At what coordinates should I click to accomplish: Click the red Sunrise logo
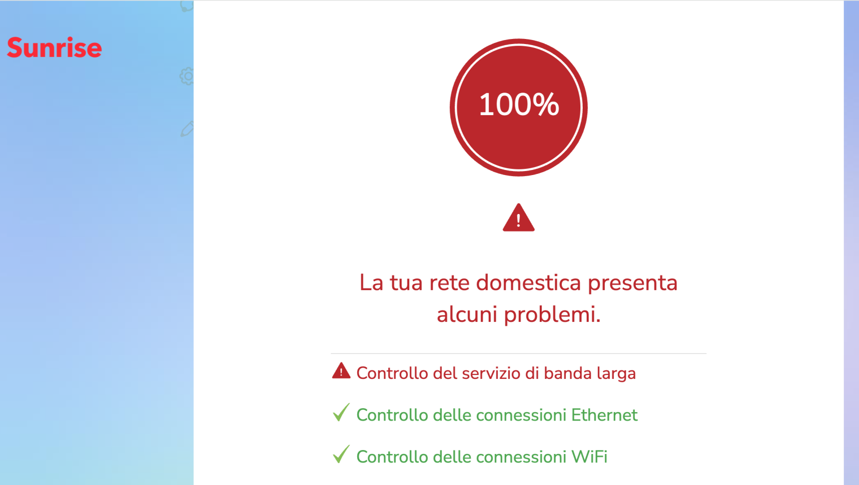pos(54,48)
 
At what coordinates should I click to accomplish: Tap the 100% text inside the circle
pos(519,105)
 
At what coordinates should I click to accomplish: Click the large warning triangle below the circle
pos(518,219)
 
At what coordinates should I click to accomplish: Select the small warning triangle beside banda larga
pos(341,372)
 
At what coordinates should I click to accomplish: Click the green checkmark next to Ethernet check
pos(341,413)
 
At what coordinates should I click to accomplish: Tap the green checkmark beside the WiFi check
pos(341,455)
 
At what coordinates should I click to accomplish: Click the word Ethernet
pos(604,415)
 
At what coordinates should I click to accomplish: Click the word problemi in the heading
pos(552,314)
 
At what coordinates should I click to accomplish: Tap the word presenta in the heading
pos(632,283)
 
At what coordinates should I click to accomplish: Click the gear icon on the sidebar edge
pos(187,76)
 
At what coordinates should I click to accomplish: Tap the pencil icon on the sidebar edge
pos(187,129)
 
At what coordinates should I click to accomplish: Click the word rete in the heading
pos(449,282)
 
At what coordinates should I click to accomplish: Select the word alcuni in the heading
pos(467,314)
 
